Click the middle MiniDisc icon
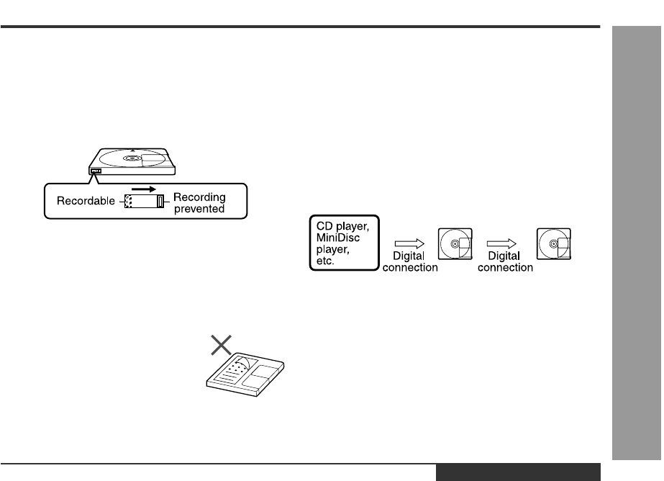pos(456,244)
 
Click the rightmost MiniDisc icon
pos(554,244)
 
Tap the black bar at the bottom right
pos(517,472)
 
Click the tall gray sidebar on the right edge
pos(635,245)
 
